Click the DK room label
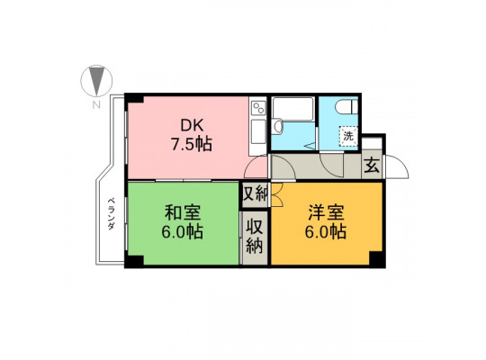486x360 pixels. [x=192, y=126]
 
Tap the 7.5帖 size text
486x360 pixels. [x=192, y=144]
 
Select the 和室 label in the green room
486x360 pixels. [x=183, y=212]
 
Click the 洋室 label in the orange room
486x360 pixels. [x=326, y=212]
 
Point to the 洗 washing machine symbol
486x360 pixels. [x=348, y=136]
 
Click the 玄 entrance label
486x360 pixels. [x=372, y=166]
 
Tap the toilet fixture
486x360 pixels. [x=346, y=107]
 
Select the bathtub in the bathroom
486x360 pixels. [x=293, y=109]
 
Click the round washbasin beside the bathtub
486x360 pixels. [x=277, y=127]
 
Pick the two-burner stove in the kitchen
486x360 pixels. [x=258, y=108]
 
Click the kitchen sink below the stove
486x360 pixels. [x=258, y=132]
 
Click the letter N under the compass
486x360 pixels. [x=97, y=104]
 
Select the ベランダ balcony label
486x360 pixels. [x=112, y=213]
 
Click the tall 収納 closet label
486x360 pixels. [x=255, y=237]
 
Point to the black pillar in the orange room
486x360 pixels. [x=376, y=258]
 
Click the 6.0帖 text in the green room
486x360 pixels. [x=183, y=231]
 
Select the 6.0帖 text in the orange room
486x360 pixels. [x=326, y=231]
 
